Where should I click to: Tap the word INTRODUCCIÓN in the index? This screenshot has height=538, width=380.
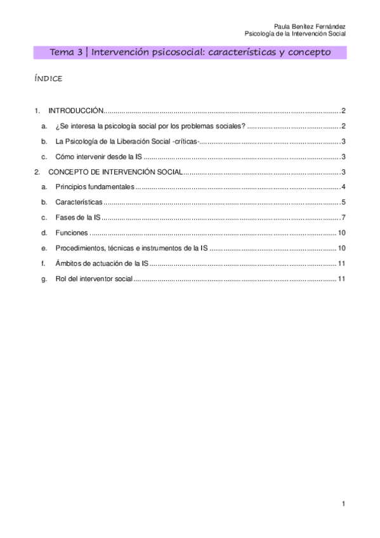(x=75, y=110)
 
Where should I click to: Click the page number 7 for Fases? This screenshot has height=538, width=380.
(x=343, y=218)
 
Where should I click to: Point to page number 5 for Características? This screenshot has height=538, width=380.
(x=343, y=202)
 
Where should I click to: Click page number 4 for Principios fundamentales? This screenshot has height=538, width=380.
(x=343, y=187)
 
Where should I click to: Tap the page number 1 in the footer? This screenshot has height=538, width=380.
(x=343, y=504)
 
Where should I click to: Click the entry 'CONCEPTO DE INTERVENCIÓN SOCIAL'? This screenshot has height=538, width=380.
(x=115, y=172)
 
